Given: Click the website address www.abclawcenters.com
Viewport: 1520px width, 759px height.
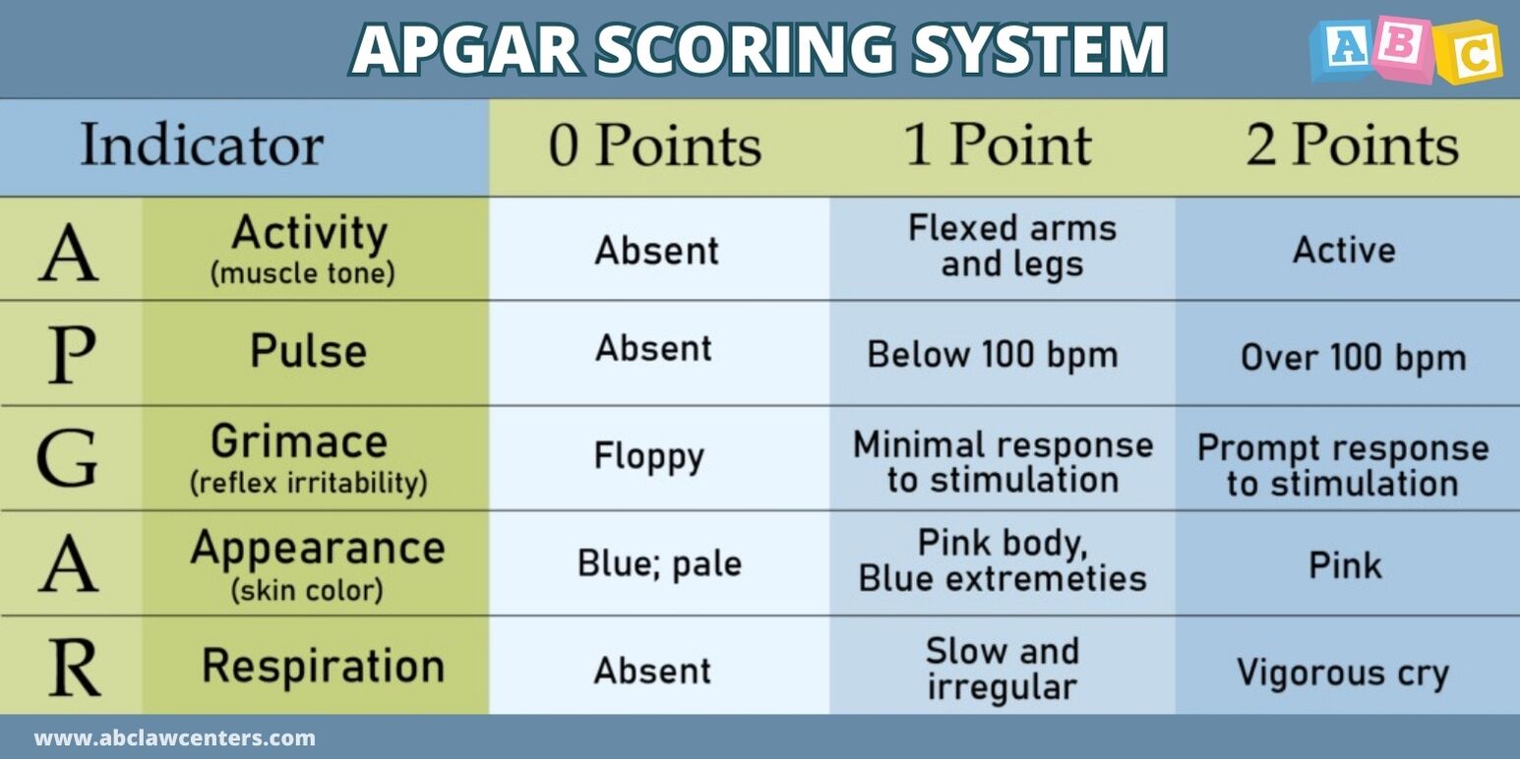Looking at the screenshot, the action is pyautogui.click(x=174, y=737).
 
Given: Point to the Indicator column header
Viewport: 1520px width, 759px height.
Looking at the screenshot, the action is pyautogui.click(x=203, y=145).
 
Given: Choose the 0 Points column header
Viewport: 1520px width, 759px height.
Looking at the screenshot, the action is pyautogui.click(x=655, y=146).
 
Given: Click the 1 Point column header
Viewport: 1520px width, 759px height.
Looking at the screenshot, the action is pyautogui.click(x=998, y=145).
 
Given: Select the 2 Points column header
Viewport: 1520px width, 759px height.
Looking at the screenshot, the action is pyautogui.click(x=1352, y=145).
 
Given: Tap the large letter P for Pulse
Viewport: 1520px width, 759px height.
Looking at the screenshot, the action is pyautogui.click(x=72, y=355).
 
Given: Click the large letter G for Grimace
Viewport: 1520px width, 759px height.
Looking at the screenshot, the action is pyautogui.click(x=67, y=458).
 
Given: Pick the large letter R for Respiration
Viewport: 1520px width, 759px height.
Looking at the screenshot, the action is pyautogui.click(x=75, y=669).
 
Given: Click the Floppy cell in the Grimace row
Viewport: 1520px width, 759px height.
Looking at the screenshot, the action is pyautogui.click(x=649, y=456).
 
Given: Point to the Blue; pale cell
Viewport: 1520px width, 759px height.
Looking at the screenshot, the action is pyautogui.click(x=659, y=563).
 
